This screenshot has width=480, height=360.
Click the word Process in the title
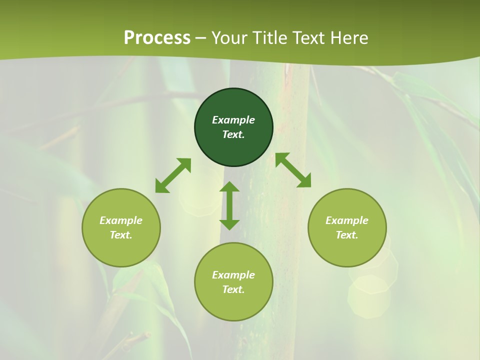157,38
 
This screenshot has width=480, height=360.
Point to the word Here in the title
350,38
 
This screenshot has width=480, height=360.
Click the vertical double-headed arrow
229,205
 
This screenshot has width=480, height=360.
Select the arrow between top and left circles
173,175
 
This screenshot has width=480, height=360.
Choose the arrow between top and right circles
293,170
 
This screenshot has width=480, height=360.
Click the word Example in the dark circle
233,120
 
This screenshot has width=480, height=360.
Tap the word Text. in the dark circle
233,134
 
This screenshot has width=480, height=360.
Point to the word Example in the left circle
121,220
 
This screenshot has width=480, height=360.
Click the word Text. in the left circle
121,235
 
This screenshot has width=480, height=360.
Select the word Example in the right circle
347,220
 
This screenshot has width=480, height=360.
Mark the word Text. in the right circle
347,235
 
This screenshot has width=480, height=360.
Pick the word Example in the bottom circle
233,275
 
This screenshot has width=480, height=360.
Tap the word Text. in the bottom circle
233,289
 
